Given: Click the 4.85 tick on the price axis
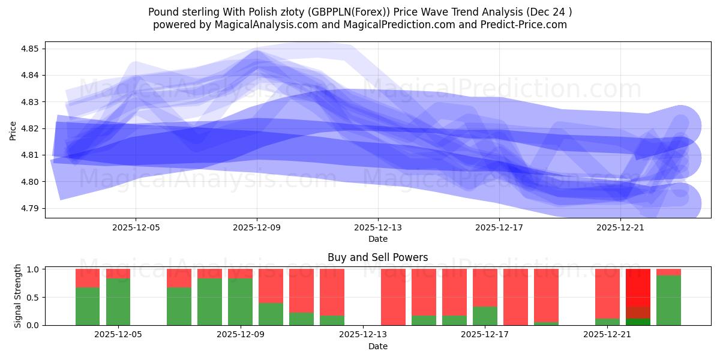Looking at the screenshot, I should coord(31,49).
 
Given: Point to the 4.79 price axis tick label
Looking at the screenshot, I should coord(31,208).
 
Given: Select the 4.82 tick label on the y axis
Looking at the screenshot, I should coord(31,128).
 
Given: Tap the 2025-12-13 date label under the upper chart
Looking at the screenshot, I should coord(378,227).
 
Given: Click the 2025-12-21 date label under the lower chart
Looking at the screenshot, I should coord(607,335).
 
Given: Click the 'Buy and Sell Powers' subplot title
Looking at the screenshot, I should coord(377,257).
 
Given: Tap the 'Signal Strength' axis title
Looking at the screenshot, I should coord(17,295).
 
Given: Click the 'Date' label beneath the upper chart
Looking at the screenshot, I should coord(377,239).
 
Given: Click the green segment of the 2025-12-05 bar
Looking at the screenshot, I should coord(118,302).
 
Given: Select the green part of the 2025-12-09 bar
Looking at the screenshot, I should coord(240,302).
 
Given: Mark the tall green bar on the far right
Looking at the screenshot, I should coord(668,300).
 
